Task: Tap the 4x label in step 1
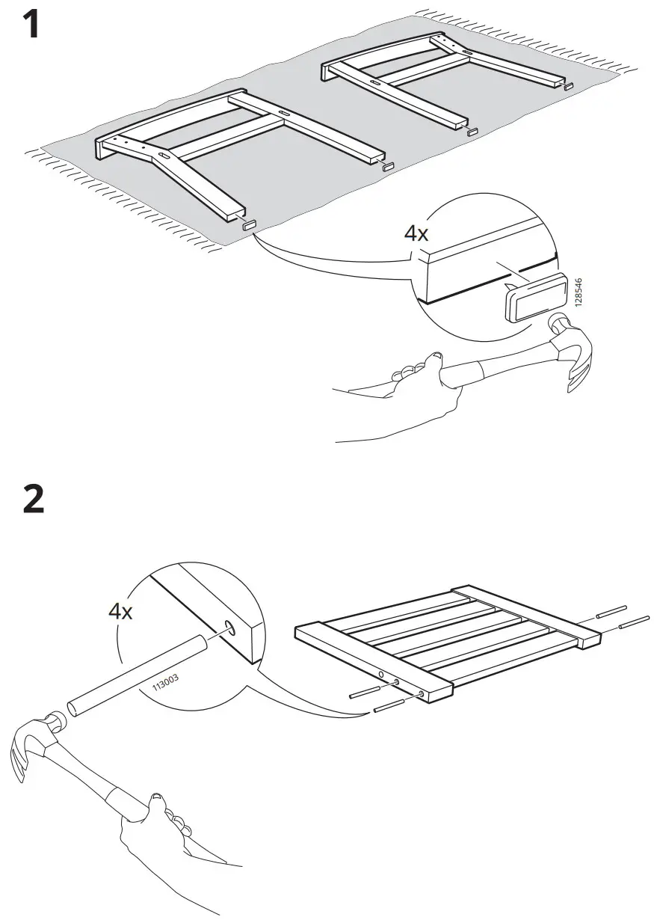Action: [416, 233]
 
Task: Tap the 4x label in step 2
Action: [120, 611]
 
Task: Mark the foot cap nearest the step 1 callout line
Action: [249, 224]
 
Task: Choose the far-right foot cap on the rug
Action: [569, 88]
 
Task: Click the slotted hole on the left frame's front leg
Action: [162, 156]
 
